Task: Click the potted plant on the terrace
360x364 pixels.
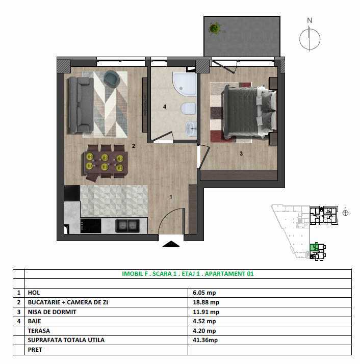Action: tap(215, 28)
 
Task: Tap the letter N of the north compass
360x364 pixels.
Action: tap(310, 20)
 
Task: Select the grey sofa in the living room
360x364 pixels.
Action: tap(81, 105)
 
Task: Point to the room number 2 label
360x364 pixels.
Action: tap(134, 146)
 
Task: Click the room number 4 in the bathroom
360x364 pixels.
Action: tap(165, 107)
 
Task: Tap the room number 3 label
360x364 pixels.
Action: tap(241, 153)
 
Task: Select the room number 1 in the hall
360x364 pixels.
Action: tap(171, 197)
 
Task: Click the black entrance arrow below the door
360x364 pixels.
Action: tap(171, 244)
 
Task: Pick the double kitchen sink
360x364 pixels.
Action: tap(127, 226)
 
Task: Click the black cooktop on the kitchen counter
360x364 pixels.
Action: tap(91, 226)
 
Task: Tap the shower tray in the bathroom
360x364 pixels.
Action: tap(185, 84)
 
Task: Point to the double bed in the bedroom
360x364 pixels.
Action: tap(249, 112)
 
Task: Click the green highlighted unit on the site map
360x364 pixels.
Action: tap(314, 247)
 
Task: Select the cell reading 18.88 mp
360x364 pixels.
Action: tap(206, 302)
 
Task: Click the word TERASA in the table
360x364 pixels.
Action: tap(39, 330)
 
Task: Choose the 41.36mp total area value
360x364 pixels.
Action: tap(205, 340)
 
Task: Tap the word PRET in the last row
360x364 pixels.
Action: tap(35, 350)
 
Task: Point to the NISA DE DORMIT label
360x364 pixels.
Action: tap(52, 312)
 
